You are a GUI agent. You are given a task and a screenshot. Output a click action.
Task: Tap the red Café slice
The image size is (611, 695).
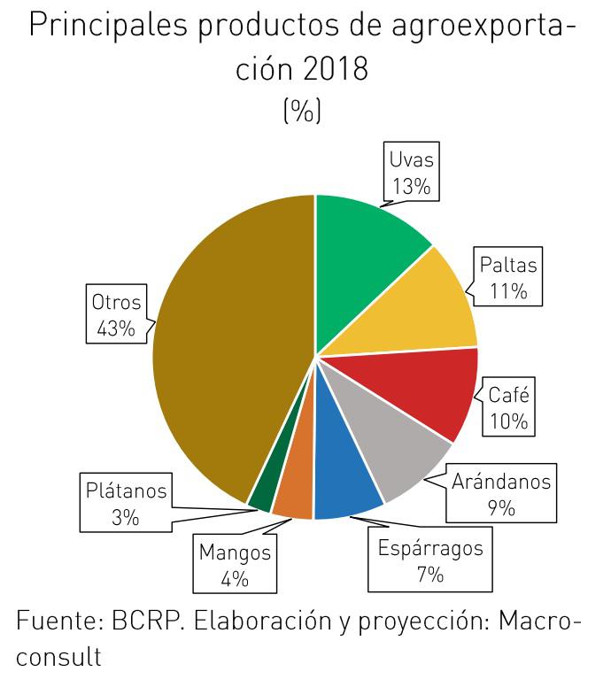tap(425, 390)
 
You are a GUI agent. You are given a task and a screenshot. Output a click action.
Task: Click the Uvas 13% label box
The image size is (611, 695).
tap(412, 173)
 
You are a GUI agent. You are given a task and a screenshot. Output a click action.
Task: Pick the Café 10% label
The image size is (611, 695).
tap(508, 408)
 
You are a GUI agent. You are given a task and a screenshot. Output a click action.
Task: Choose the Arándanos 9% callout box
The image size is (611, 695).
tap(500, 494)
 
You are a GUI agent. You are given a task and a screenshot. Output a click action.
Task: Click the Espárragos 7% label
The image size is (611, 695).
tap(430, 561)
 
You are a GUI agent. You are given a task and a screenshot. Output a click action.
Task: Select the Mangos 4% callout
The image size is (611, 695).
tap(235, 566)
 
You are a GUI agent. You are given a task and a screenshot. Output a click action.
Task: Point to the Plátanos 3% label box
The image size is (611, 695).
tap(125, 504)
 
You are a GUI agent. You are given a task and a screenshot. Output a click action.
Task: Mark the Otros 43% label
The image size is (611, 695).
tap(116, 314)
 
